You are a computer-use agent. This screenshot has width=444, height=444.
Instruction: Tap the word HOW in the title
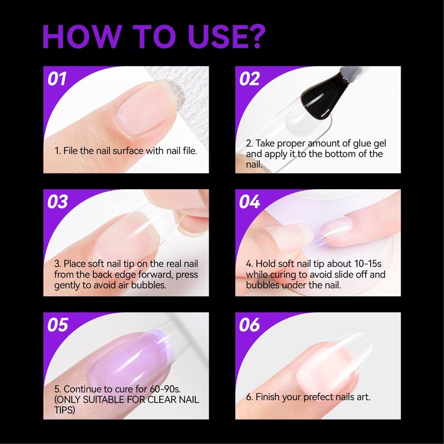point(82,37)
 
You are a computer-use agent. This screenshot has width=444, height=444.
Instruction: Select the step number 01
point(57,79)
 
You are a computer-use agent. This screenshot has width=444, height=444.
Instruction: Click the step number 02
point(249,79)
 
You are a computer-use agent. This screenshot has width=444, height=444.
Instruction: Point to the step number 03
point(58,201)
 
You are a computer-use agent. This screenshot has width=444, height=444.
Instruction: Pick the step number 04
point(249,201)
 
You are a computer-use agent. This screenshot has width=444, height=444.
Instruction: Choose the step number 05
point(58,325)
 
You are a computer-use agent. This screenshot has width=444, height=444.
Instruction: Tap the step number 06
point(249,325)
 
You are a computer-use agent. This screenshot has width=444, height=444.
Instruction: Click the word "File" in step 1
point(70,150)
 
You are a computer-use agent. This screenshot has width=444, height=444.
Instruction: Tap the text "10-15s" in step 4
point(368,264)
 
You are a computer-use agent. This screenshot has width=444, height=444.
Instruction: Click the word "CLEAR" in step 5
point(162,400)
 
